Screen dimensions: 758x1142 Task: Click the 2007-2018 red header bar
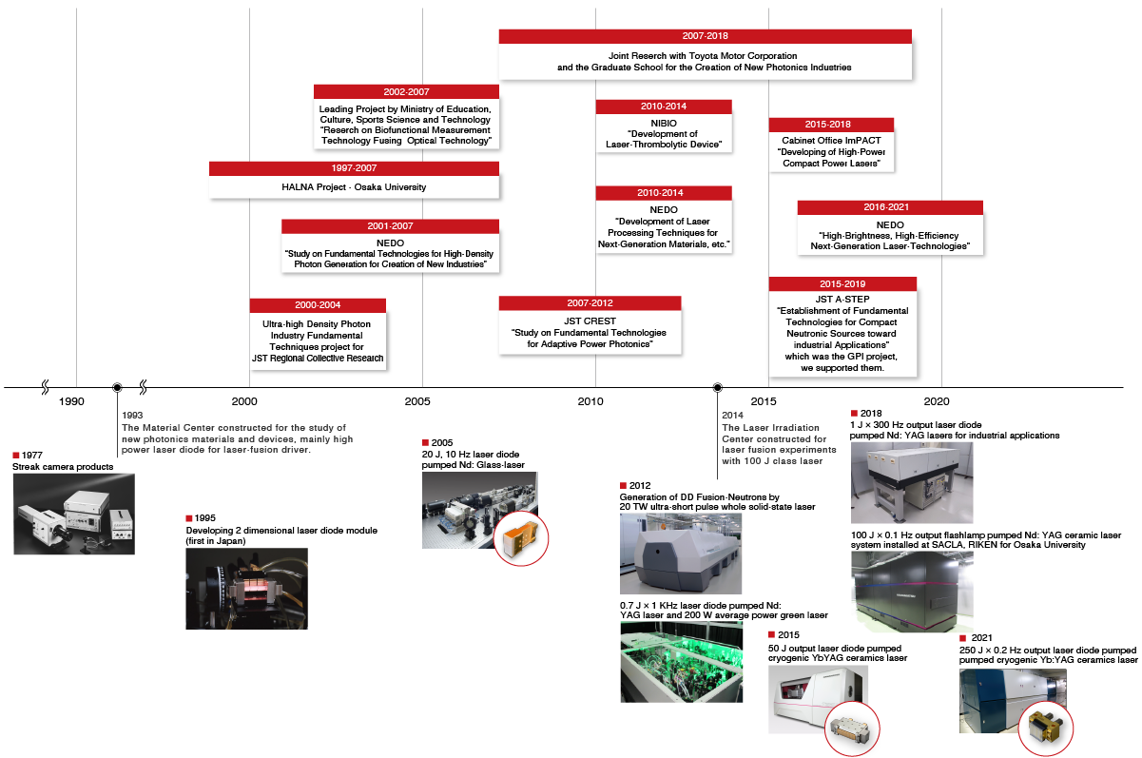(705, 36)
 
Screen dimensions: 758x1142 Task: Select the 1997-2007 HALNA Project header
(354, 168)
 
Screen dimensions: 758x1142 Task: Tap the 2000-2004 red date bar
(318, 305)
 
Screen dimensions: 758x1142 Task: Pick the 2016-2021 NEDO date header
(889, 207)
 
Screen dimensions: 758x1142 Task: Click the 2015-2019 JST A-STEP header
(842, 283)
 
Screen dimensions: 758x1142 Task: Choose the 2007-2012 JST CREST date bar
(590, 303)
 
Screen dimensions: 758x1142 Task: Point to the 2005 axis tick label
(416, 401)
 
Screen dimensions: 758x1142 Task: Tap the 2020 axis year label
(938, 401)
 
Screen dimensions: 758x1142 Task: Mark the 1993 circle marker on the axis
(117, 387)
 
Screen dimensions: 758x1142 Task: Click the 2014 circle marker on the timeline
(718, 387)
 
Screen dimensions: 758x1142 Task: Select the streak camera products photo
(73, 514)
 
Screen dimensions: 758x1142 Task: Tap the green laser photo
(680, 662)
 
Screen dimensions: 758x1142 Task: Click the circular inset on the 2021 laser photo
(1045, 730)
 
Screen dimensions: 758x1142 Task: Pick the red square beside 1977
(16, 456)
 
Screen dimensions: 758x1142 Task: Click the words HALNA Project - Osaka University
(354, 187)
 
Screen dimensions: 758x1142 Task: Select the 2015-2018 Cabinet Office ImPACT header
(830, 125)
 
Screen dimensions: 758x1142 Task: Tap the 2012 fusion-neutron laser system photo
(680, 554)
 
